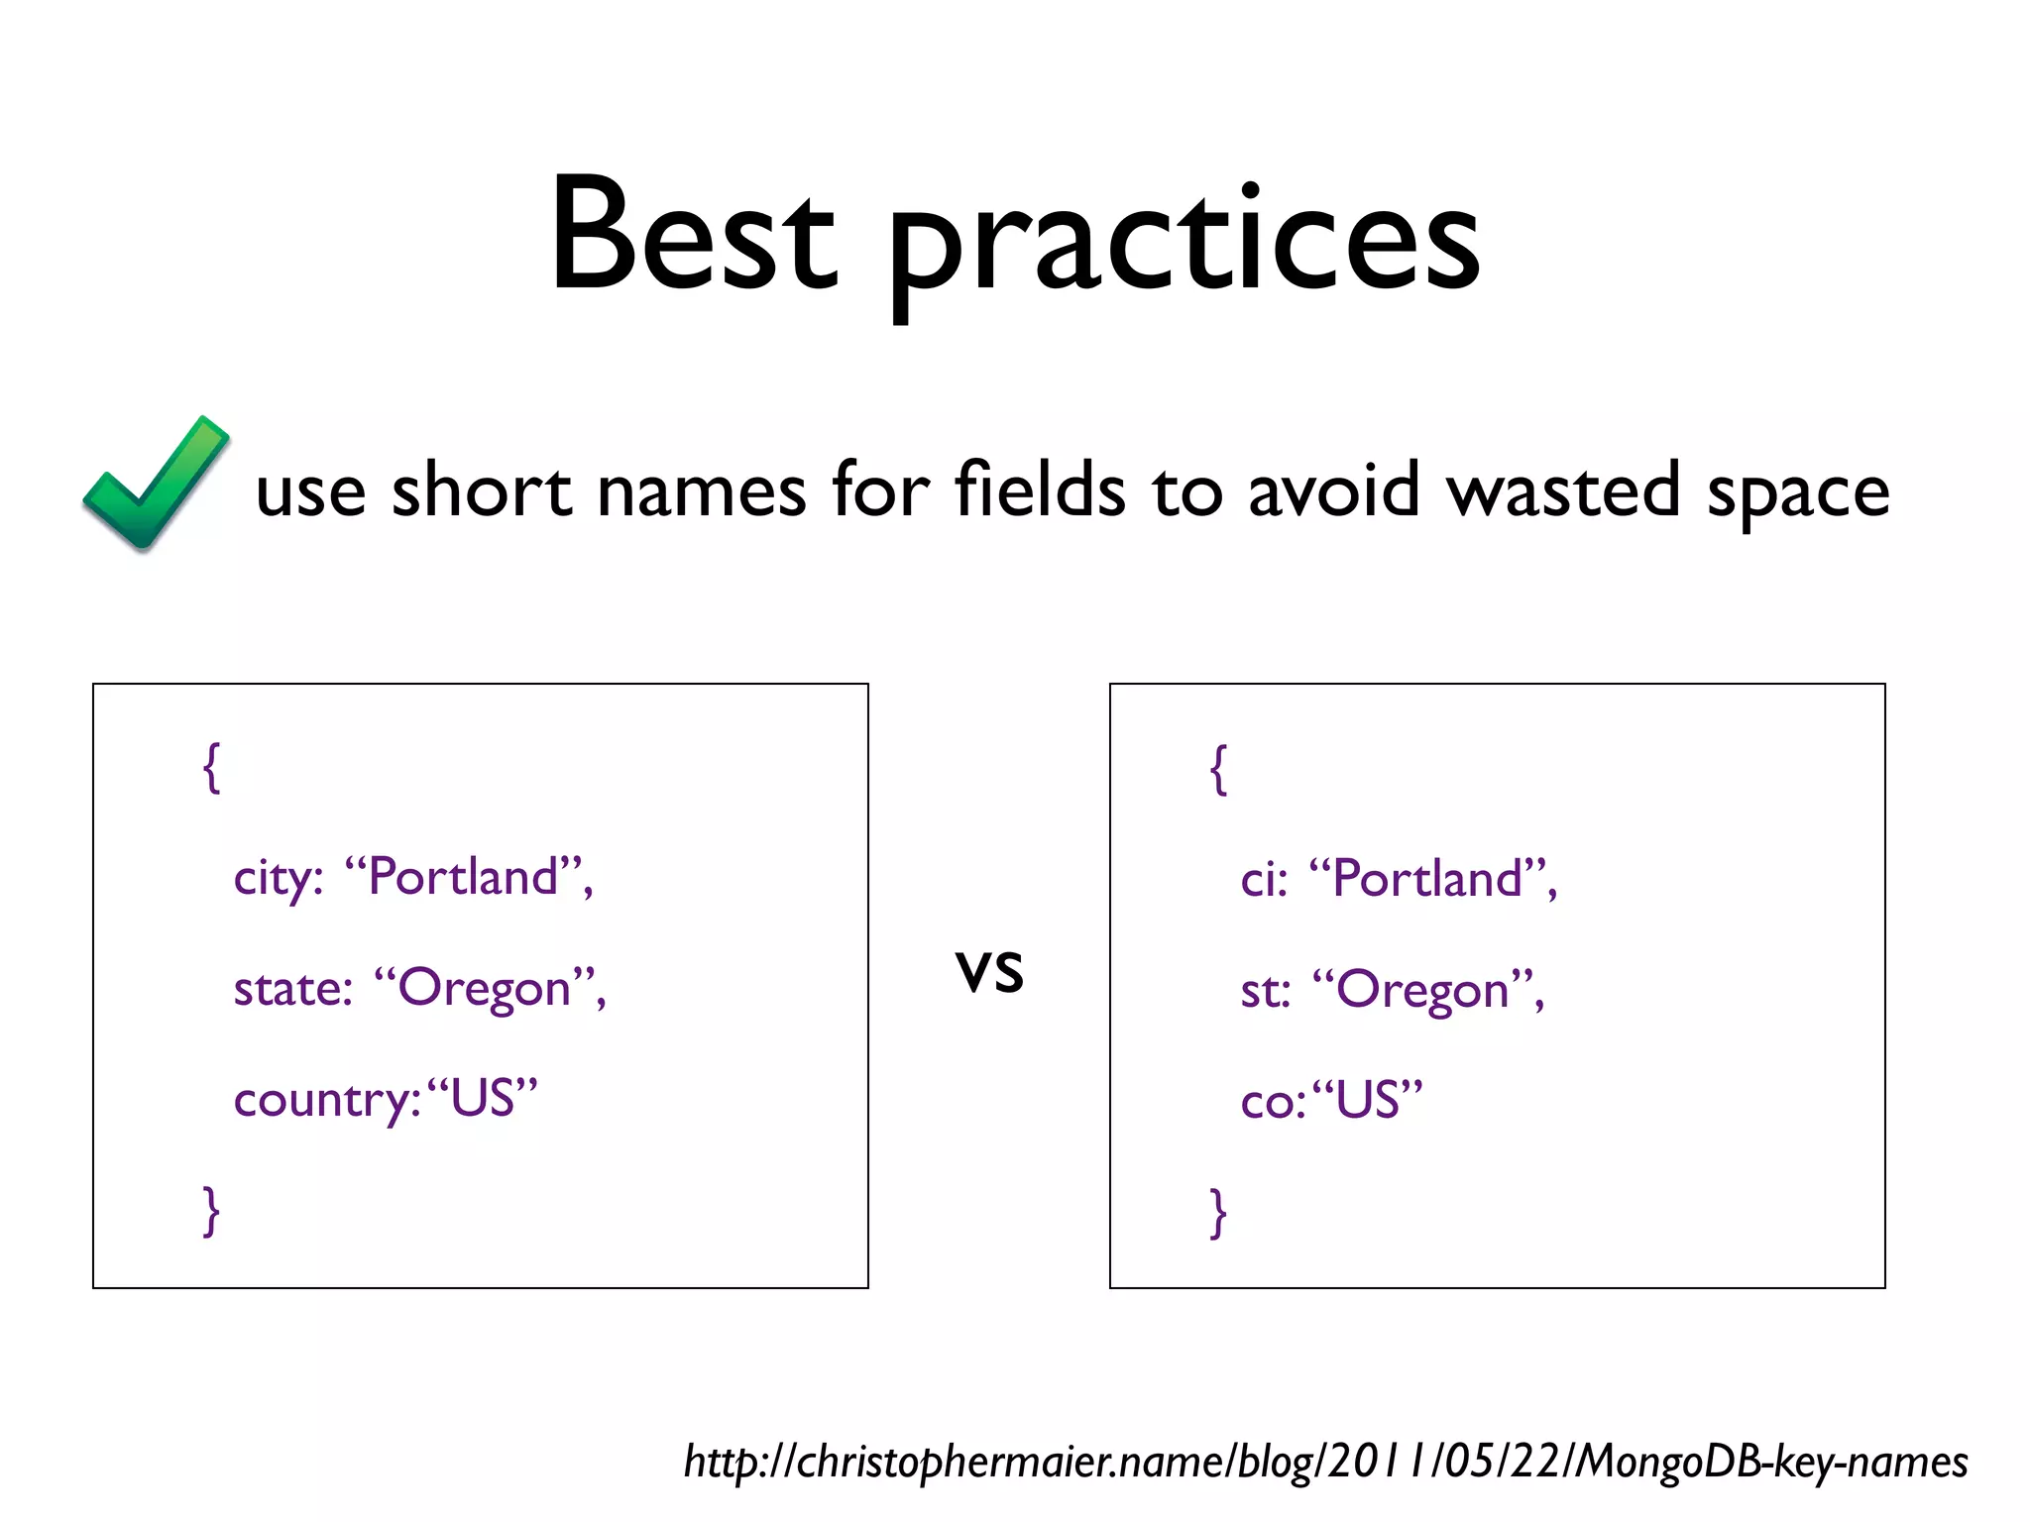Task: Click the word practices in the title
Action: coord(1184,243)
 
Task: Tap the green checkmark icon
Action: coord(156,484)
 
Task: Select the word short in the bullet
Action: coord(482,489)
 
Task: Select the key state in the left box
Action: coord(291,989)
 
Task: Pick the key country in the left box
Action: coord(325,1100)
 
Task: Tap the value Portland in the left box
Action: coord(463,877)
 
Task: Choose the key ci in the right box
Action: coord(1261,880)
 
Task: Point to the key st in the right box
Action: coord(1263,991)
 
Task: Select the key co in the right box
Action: coord(1269,1102)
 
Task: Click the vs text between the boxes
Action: coord(988,969)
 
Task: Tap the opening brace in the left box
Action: coord(211,768)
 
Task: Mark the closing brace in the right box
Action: coord(1218,1213)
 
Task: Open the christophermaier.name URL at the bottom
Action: coord(1325,1463)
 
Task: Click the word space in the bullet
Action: coord(1797,491)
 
